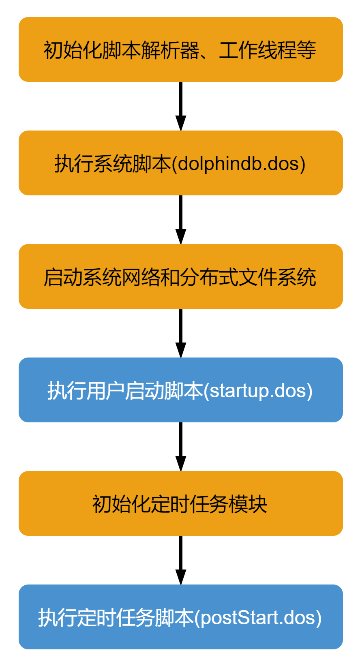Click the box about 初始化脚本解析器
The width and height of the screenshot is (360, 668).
point(180,49)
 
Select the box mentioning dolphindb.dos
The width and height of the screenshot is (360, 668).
point(180,163)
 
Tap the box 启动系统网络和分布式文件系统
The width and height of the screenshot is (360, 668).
point(180,276)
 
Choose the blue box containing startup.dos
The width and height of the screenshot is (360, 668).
point(180,390)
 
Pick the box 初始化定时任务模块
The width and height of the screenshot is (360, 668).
point(180,503)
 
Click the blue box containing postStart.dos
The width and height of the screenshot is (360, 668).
point(180,617)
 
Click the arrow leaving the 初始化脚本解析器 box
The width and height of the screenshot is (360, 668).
point(180,106)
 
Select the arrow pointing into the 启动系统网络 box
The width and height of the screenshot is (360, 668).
point(180,220)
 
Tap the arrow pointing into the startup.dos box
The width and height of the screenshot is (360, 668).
point(180,333)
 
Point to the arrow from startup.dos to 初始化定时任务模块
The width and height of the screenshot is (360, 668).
point(180,447)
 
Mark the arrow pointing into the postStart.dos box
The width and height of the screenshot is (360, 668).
point(180,560)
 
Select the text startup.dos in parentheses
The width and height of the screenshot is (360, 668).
point(258,391)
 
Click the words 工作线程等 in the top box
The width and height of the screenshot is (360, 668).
point(268,50)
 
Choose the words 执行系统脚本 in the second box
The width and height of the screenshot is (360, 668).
point(113,164)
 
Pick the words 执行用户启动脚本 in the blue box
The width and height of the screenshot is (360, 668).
point(125,391)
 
